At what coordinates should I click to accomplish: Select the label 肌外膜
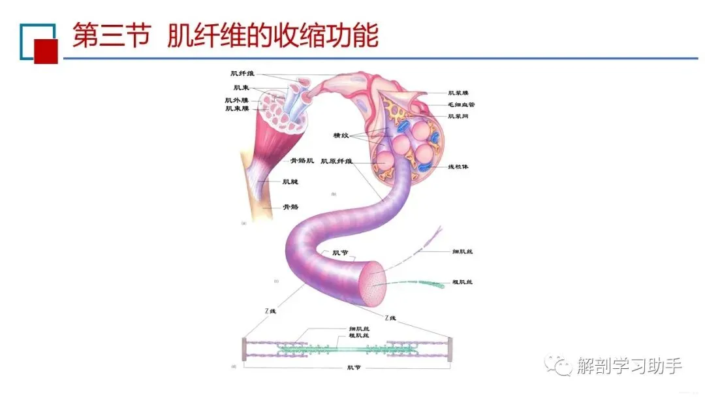coord(236,100)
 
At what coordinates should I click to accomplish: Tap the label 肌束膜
coord(236,108)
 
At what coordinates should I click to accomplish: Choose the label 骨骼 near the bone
coord(290,207)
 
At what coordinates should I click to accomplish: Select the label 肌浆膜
coord(458,93)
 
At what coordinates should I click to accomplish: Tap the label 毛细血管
coord(461,104)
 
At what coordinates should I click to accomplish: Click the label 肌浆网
coord(458,116)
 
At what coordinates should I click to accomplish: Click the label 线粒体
coord(458,167)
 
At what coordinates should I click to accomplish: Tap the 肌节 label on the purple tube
coord(340,253)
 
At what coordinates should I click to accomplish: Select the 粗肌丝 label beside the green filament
coord(462,282)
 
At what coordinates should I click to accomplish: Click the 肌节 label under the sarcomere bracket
coord(353,368)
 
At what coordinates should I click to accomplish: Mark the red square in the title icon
coord(46,51)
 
